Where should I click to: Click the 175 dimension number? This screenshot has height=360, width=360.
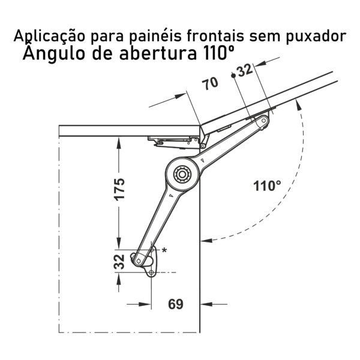pos(119,190)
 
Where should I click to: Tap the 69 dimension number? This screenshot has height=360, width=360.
pos(176,304)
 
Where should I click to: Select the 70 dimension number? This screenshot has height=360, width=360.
pos(211,83)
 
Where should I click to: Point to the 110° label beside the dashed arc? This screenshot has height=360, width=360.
pos(267,186)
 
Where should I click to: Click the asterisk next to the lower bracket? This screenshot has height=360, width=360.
pos(164,250)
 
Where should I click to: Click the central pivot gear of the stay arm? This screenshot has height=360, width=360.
pos(182,174)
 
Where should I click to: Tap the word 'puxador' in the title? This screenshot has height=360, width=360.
pos(316,37)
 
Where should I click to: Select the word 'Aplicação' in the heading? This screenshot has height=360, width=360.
pos(49,36)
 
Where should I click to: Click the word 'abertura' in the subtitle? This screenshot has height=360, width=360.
pos(158,53)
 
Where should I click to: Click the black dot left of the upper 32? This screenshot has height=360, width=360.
pos(233,76)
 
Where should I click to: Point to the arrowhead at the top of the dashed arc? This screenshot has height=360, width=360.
pos(298,105)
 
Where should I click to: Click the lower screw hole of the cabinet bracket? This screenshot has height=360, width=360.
pos(151,273)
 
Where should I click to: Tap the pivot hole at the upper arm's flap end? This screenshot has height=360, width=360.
pos(263,121)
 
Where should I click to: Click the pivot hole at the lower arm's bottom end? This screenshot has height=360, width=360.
pos(139,261)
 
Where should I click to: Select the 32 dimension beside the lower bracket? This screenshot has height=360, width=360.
pos(119,262)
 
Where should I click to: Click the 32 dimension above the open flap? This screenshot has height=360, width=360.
pos(245,70)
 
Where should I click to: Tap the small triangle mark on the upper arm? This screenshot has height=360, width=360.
pos(202,160)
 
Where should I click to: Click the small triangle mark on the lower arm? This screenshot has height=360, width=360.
pos(170,195)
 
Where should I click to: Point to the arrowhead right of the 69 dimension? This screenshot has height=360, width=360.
pos(206,304)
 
